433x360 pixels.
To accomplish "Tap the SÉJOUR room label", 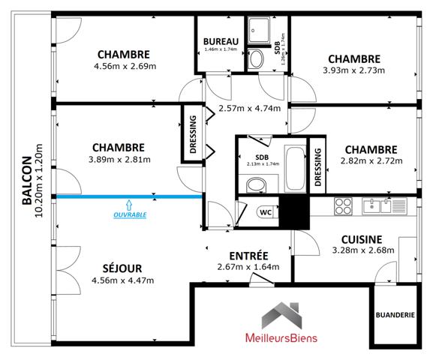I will [122, 268].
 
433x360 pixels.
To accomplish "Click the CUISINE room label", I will [362, 238].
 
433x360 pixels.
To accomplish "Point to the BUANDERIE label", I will [395, 316].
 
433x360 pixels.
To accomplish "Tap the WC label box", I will [266, 211].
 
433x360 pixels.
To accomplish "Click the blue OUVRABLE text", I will [129, 214].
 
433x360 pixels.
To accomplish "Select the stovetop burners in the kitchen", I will [344, 205].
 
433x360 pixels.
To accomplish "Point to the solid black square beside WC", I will [294, 213].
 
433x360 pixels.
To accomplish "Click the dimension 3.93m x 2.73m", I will [353, 71].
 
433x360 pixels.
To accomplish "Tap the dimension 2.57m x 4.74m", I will [249, 108].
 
